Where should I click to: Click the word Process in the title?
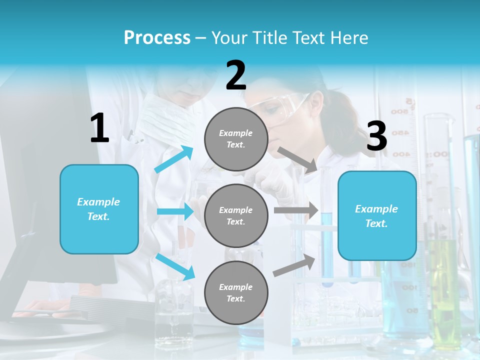[157, 37]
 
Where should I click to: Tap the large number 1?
[99, 128]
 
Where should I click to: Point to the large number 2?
[236, 75]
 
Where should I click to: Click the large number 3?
[376, 136]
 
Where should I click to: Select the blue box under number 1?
[99, 209]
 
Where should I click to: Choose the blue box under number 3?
[377, 215]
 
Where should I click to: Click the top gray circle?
[236, 139]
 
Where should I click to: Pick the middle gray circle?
[236, 215]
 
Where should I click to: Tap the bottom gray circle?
[236, 292]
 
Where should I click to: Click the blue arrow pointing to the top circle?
[174, 159]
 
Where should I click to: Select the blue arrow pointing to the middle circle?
[175, 211]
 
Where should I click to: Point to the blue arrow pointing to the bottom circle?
[175, 266]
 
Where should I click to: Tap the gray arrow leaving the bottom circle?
[294, 265]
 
